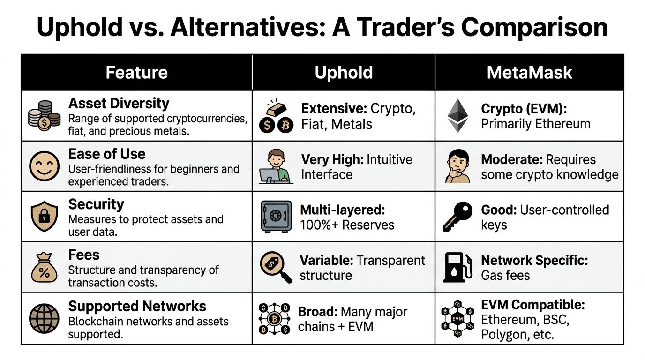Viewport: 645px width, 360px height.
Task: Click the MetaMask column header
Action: tap(530, 72)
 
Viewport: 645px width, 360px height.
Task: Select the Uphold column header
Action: tap(344, 72)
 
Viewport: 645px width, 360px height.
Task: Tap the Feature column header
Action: tap(136, 72)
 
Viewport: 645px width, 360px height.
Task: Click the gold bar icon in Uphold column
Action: tap(276, 109)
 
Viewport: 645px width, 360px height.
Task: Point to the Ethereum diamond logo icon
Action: tap(457, 116)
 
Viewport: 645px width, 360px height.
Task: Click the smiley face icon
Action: tap(45, 166)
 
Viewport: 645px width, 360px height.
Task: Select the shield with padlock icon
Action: tap(44, 217)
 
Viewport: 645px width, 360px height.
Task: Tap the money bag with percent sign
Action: tap(44, 268)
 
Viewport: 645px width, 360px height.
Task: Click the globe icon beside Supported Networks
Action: tap(44, 319)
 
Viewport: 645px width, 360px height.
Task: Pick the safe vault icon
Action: tap(276, 217)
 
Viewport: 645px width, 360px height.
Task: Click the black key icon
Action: tap(457, 217)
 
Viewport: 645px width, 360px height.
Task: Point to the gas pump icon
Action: tap(457, 268)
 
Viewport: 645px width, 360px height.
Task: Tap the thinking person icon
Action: tap(457, 166)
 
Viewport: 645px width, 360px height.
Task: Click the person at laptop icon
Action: tap(276, 166)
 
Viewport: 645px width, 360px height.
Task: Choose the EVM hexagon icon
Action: tap(457, 319)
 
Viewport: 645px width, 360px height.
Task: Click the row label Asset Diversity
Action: tap(119, 103)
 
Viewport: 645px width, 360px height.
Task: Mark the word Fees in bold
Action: tap(84, 255)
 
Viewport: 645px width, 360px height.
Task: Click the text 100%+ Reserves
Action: tap(347, 225)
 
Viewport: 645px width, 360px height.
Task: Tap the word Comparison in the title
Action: tap(534, 28)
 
